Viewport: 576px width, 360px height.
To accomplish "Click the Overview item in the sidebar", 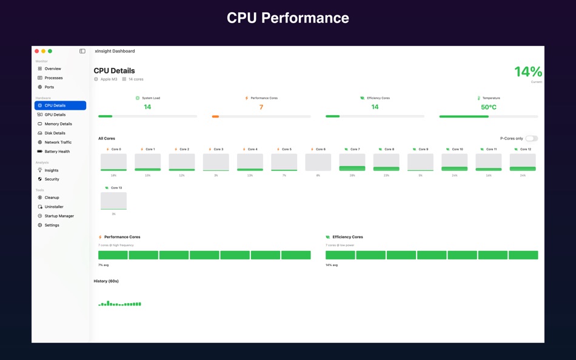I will (x=52, y=68).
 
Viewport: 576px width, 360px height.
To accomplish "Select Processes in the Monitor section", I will (x=53, y=78).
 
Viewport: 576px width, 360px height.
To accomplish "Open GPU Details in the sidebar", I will (x=55, y=115).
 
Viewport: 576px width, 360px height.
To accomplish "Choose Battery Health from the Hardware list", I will (x=56, y=152).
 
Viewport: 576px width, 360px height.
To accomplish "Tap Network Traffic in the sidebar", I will (x=58, y=142).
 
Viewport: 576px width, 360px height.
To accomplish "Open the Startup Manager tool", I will (x=59, y=216).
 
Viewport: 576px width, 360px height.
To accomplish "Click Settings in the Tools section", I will (x=52, y=225).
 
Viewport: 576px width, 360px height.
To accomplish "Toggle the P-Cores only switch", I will (x=531, y=138).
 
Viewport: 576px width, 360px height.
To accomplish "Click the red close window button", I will (x=37, y=51).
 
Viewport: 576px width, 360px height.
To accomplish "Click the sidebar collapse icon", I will (x=82, y=51).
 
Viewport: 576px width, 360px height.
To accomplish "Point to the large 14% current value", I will (x=527, y=72).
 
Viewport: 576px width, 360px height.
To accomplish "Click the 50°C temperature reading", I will (x=488, y=107).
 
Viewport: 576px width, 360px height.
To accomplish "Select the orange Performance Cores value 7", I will (x=261, y=107).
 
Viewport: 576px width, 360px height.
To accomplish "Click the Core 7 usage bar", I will (x=352, y=162).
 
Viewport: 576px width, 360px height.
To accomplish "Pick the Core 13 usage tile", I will (x=113, y=201).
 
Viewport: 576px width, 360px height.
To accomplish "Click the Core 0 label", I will (x=115, y=149).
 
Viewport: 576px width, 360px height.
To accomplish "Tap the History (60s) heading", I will (x=106, y=281).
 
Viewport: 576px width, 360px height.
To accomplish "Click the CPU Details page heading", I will (x=114, y=70).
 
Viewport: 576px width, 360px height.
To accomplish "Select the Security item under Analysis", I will (x=52, y=179).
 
